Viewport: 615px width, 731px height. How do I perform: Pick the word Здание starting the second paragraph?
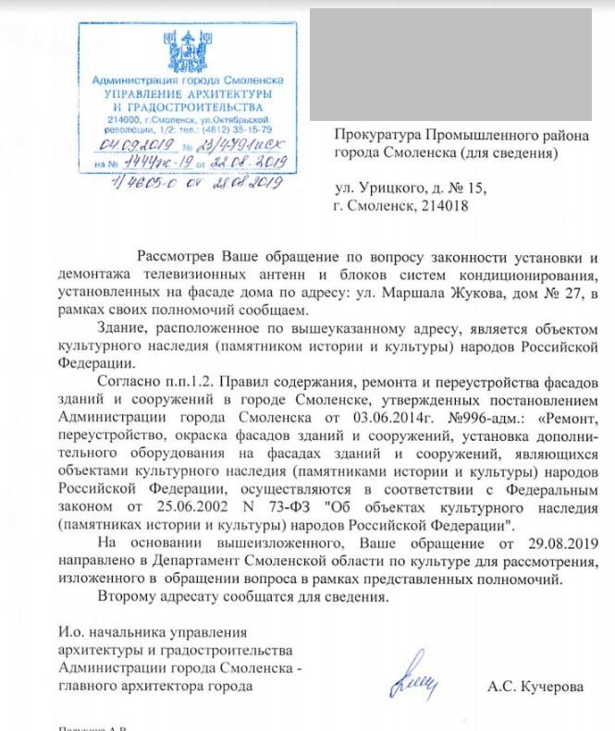click(x=123, y=328)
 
